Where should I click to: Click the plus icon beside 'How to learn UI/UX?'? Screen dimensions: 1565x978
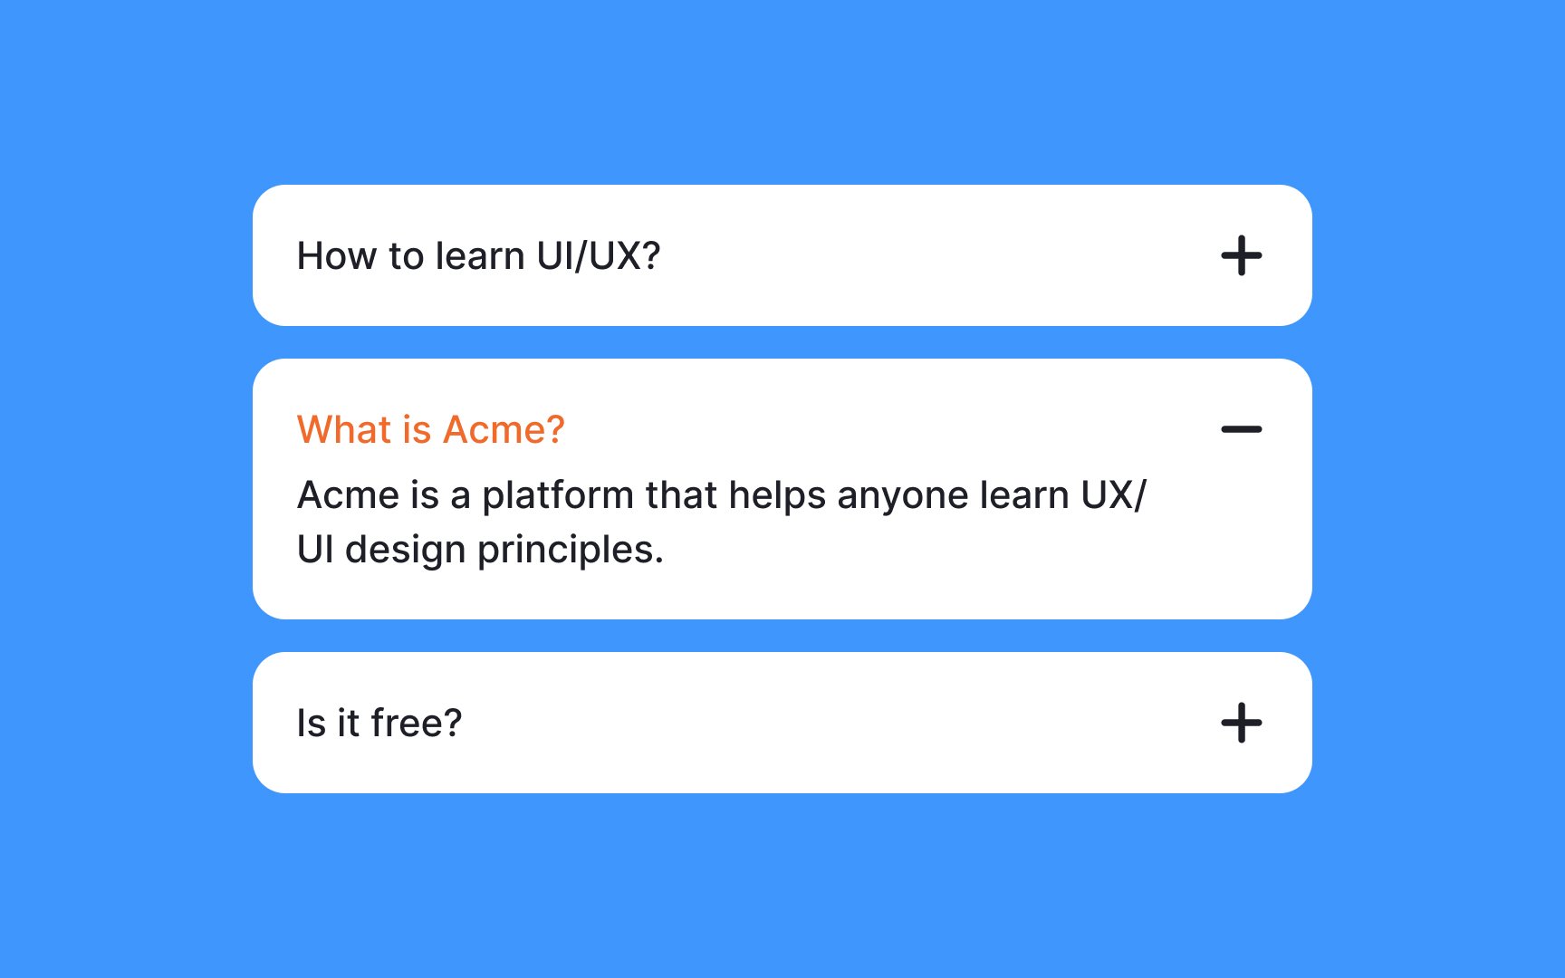(1241, 255)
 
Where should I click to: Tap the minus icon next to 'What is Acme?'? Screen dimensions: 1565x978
(1241, 429)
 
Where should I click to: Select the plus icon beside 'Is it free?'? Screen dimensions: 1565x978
(1241, 723)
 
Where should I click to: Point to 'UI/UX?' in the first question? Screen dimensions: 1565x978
(599, 256)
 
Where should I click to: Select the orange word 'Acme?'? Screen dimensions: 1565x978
(504, 429)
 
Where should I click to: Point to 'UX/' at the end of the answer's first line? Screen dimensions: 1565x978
(1114, 495)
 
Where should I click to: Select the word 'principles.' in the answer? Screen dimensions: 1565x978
(571, 551)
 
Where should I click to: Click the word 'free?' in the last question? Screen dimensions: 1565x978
(417, 723)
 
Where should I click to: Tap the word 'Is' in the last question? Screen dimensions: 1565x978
(312, 724)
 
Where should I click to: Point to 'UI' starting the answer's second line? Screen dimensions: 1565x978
(315, 550)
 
